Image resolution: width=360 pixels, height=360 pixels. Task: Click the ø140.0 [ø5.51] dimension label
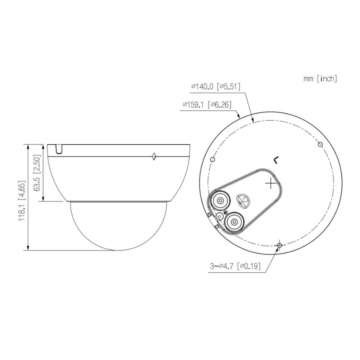click(216, 86)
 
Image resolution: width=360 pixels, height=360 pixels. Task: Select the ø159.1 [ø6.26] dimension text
click(207, 105)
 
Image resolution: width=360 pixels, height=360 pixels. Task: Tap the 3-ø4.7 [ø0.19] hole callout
click(235, 266)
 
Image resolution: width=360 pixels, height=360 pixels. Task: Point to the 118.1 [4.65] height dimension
click(22, 201)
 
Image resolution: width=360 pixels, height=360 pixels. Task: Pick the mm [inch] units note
click(320, 79)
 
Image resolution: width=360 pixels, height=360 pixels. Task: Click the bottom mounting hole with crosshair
click(279, 245)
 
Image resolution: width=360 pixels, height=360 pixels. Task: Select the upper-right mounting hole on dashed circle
click(320, 144)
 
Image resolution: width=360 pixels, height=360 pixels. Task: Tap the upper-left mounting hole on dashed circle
click(213, 159)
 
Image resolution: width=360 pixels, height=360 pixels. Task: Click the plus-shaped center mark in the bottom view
click(271, 184)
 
